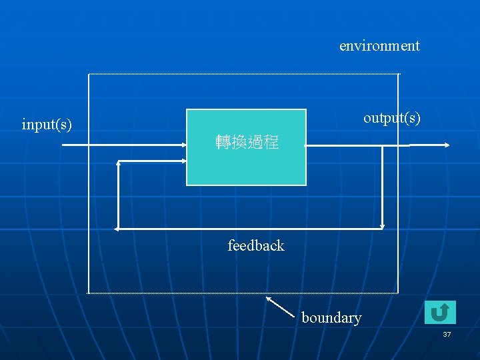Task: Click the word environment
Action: coord(379,46)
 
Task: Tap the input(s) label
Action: coord(47,124)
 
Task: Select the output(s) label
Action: coord(391,118)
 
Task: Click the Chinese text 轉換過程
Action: coord(247,142)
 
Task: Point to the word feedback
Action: coord(255,245)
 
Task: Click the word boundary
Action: coord(331,317)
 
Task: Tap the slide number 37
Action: coord(447,333)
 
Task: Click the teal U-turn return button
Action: coord(440,312)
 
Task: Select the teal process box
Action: coord(246,167)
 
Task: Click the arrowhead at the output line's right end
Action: coord(447,145)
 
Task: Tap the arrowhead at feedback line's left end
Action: coord(117,229)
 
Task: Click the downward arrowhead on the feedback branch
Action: coord(383,226)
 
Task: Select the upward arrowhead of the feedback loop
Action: coord(118,163)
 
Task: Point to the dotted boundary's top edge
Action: coord(243,73)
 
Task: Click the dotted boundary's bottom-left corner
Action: coord(88,293)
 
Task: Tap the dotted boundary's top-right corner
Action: coord(398,73)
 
